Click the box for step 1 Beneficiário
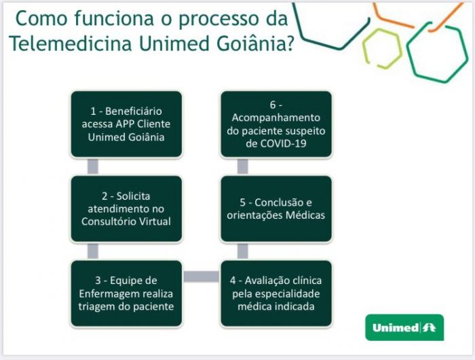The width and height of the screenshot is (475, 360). click(126, 124)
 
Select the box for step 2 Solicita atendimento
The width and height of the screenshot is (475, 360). click(126, 209)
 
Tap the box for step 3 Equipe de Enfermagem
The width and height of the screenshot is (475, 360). click(126, 293)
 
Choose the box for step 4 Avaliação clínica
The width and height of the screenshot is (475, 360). click(276, 293)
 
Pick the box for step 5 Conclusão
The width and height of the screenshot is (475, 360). click(276, 209)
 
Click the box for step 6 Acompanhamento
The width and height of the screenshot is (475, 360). click(276, 124)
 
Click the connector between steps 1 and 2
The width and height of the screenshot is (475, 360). click(93, 166)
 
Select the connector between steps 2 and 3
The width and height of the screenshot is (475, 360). click(93, 251)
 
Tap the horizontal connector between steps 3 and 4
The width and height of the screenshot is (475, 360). click(201, 276)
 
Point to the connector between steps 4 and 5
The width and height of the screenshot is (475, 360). click(242, 251)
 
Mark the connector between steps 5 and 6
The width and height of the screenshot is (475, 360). click(242, 166)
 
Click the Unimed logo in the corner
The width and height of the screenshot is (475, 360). click(404, 327)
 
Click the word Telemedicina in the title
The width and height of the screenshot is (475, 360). click(71, 43)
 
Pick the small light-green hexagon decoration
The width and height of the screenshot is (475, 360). click(382, 48)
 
